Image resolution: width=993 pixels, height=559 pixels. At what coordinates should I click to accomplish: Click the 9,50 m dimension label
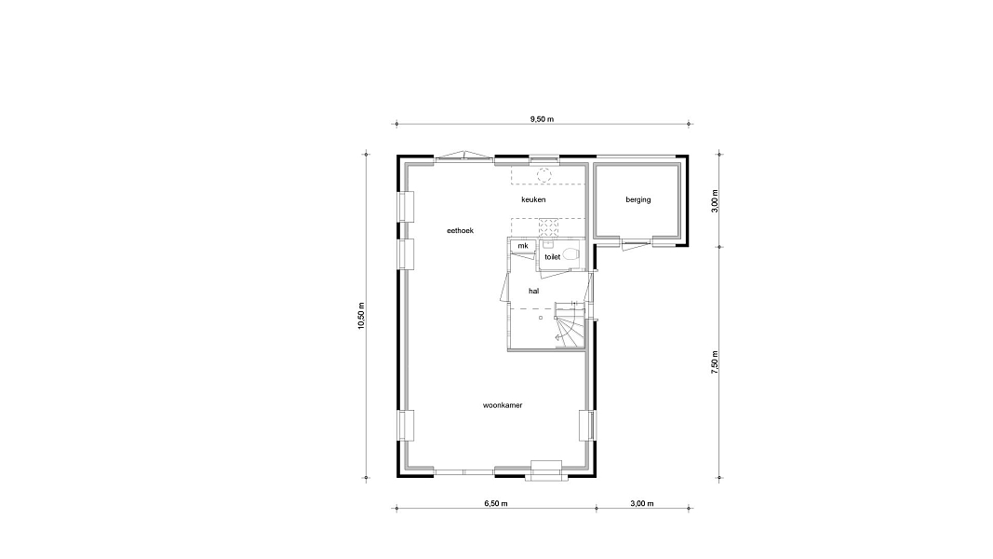point(542,118)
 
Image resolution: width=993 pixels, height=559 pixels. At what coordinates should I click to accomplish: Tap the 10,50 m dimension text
point(361,316)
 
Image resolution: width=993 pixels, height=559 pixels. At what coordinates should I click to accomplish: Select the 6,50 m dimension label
point(496,503)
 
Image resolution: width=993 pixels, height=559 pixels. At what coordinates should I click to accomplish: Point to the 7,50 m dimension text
point(715,362)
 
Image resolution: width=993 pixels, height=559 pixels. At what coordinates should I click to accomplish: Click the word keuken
point(533,199)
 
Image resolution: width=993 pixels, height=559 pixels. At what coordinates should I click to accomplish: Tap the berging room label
point(637,199)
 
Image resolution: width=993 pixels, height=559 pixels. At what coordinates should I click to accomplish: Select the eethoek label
point(461,231)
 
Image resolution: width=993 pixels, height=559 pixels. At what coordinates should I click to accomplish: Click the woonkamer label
point(503,405)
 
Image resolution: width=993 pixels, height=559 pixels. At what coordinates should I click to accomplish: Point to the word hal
point(534,291)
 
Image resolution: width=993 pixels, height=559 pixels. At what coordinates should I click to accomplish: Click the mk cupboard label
point(522,246)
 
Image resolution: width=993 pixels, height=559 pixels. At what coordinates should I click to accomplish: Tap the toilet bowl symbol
point(571,254)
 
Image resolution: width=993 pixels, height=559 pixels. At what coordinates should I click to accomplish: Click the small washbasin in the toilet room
point(547,245)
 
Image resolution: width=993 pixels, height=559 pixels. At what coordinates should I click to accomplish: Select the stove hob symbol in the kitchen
point(548,227)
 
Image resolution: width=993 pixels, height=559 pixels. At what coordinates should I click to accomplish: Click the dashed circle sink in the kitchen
point(544,175)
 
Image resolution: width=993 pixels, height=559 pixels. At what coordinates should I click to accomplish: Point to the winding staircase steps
point(569,326)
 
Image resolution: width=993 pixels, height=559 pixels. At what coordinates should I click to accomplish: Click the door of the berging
point(637,244)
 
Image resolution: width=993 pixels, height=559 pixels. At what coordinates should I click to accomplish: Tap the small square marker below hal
point(541,317)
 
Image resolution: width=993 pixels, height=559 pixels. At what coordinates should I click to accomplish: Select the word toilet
point(552,257)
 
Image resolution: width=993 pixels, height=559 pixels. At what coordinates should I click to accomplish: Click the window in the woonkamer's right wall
point(587,425)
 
